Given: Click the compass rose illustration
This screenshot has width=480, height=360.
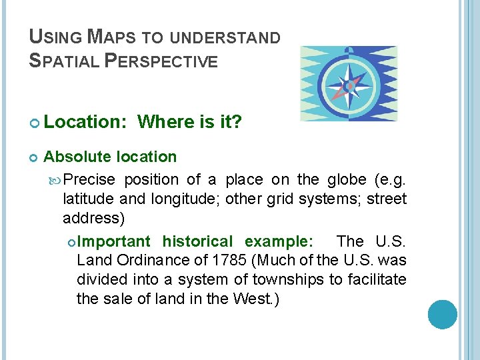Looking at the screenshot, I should (x=349, y=83).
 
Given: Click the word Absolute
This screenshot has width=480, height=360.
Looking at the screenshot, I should (x=77, y=157).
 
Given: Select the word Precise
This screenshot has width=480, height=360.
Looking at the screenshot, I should (x=90, y=180).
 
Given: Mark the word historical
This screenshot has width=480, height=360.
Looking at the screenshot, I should (x=198, y=241).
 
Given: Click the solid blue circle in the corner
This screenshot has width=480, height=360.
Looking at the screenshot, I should (x=443, y=314).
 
